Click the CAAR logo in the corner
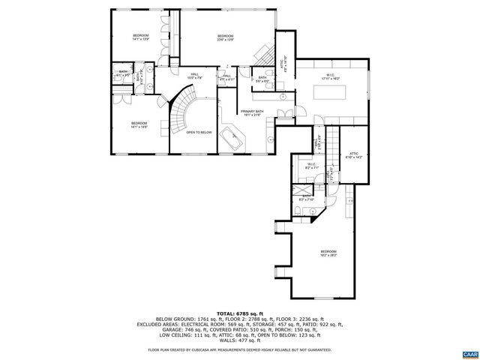469,353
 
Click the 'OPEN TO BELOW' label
199,132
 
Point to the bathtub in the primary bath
233,140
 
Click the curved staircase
180,112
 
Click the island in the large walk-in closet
329,93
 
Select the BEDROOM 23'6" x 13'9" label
226,38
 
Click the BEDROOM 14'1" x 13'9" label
142,37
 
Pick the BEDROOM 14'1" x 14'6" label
139,124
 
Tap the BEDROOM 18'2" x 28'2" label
328,253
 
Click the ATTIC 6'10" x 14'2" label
355,155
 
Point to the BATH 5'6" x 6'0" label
262,78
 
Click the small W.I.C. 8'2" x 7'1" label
312,166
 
